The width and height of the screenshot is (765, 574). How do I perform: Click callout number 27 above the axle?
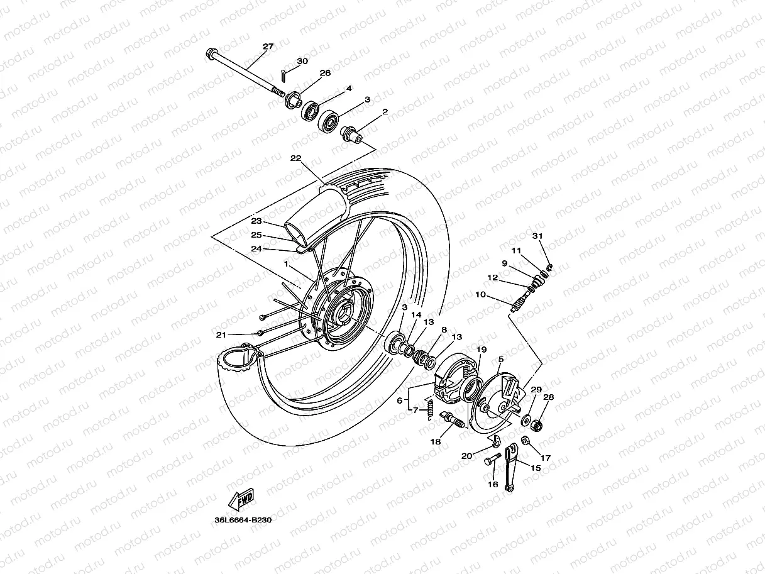click(268, 47)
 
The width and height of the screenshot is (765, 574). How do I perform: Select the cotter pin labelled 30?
click(284, 75)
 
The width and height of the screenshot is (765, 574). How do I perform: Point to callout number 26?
click(325, 73)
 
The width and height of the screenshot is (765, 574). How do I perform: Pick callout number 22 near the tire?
click(295, 158)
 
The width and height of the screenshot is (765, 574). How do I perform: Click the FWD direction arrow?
click(240, 500)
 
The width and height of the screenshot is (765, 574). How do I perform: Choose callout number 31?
click(537, 236)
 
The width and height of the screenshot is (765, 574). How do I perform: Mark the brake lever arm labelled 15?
click(514, 468)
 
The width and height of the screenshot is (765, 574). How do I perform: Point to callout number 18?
click(435, 442)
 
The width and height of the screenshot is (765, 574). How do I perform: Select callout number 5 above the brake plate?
click(500, 360)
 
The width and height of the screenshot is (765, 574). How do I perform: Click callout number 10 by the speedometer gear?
click(480, 294)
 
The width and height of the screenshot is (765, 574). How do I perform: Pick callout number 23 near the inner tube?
click(256, 221)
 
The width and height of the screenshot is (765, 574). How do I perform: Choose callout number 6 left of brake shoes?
click(399, 400)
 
